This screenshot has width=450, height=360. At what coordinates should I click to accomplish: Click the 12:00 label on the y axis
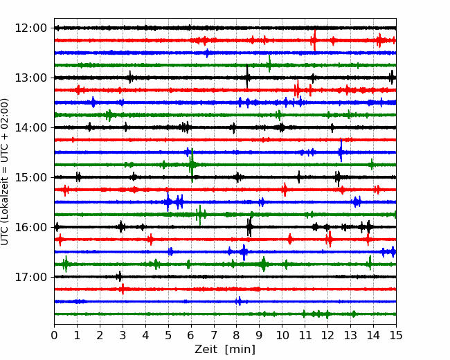click(30, 28)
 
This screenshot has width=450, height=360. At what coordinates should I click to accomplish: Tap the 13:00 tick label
click(30, 78)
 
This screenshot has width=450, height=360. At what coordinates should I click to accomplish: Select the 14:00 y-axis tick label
click(30, 127)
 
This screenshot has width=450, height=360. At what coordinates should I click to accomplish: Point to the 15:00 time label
click(30, 177)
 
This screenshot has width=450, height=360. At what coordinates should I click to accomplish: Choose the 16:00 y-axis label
click(30, 227)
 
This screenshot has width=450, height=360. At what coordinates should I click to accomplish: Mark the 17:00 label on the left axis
click(30, 277)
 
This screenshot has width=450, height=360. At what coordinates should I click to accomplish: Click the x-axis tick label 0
click(54, 335)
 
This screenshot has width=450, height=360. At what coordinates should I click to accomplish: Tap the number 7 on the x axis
click(214, 335)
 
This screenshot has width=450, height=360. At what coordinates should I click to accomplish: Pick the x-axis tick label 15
click(396, 335)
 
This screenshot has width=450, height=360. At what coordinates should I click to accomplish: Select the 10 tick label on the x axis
click(282, 335)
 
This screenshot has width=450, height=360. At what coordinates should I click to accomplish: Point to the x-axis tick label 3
click(123, 335)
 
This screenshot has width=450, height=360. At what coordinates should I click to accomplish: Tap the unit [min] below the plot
click(240, 350)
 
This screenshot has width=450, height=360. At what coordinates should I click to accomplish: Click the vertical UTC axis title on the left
click(5, 172)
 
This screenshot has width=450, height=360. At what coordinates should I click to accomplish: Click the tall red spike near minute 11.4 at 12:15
click(315, 40)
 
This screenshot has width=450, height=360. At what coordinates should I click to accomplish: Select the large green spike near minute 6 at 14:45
click(192, 165)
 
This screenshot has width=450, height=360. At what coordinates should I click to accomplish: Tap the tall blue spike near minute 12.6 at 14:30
click(341, 151)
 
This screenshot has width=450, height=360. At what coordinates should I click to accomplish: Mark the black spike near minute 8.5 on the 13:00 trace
click(247, 77)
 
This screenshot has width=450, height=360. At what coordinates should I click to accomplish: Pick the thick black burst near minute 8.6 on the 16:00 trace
click(249, 227)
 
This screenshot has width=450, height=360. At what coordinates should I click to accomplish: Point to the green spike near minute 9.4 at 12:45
click(269, 64)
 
